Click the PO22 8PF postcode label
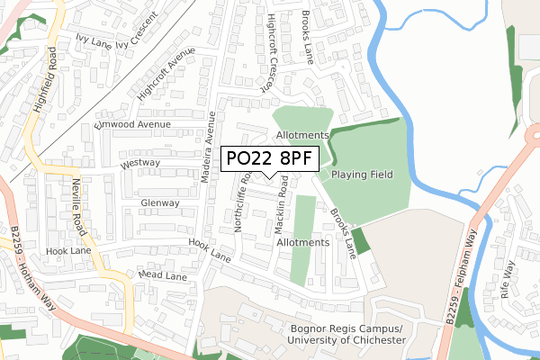268,157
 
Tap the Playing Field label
362,174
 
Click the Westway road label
139,163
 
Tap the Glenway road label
160,203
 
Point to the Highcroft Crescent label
257,54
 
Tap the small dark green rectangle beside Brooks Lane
360,241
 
